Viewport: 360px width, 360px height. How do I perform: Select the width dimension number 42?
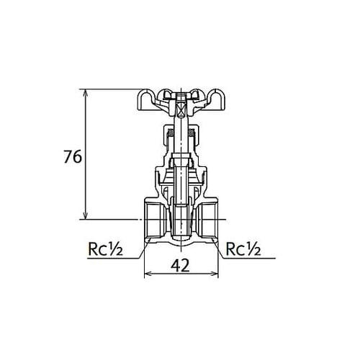[x=181, y=265]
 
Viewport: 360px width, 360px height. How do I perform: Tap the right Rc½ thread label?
[x=242, y=250]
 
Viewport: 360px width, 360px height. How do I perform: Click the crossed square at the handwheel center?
[x=181, y=110]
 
